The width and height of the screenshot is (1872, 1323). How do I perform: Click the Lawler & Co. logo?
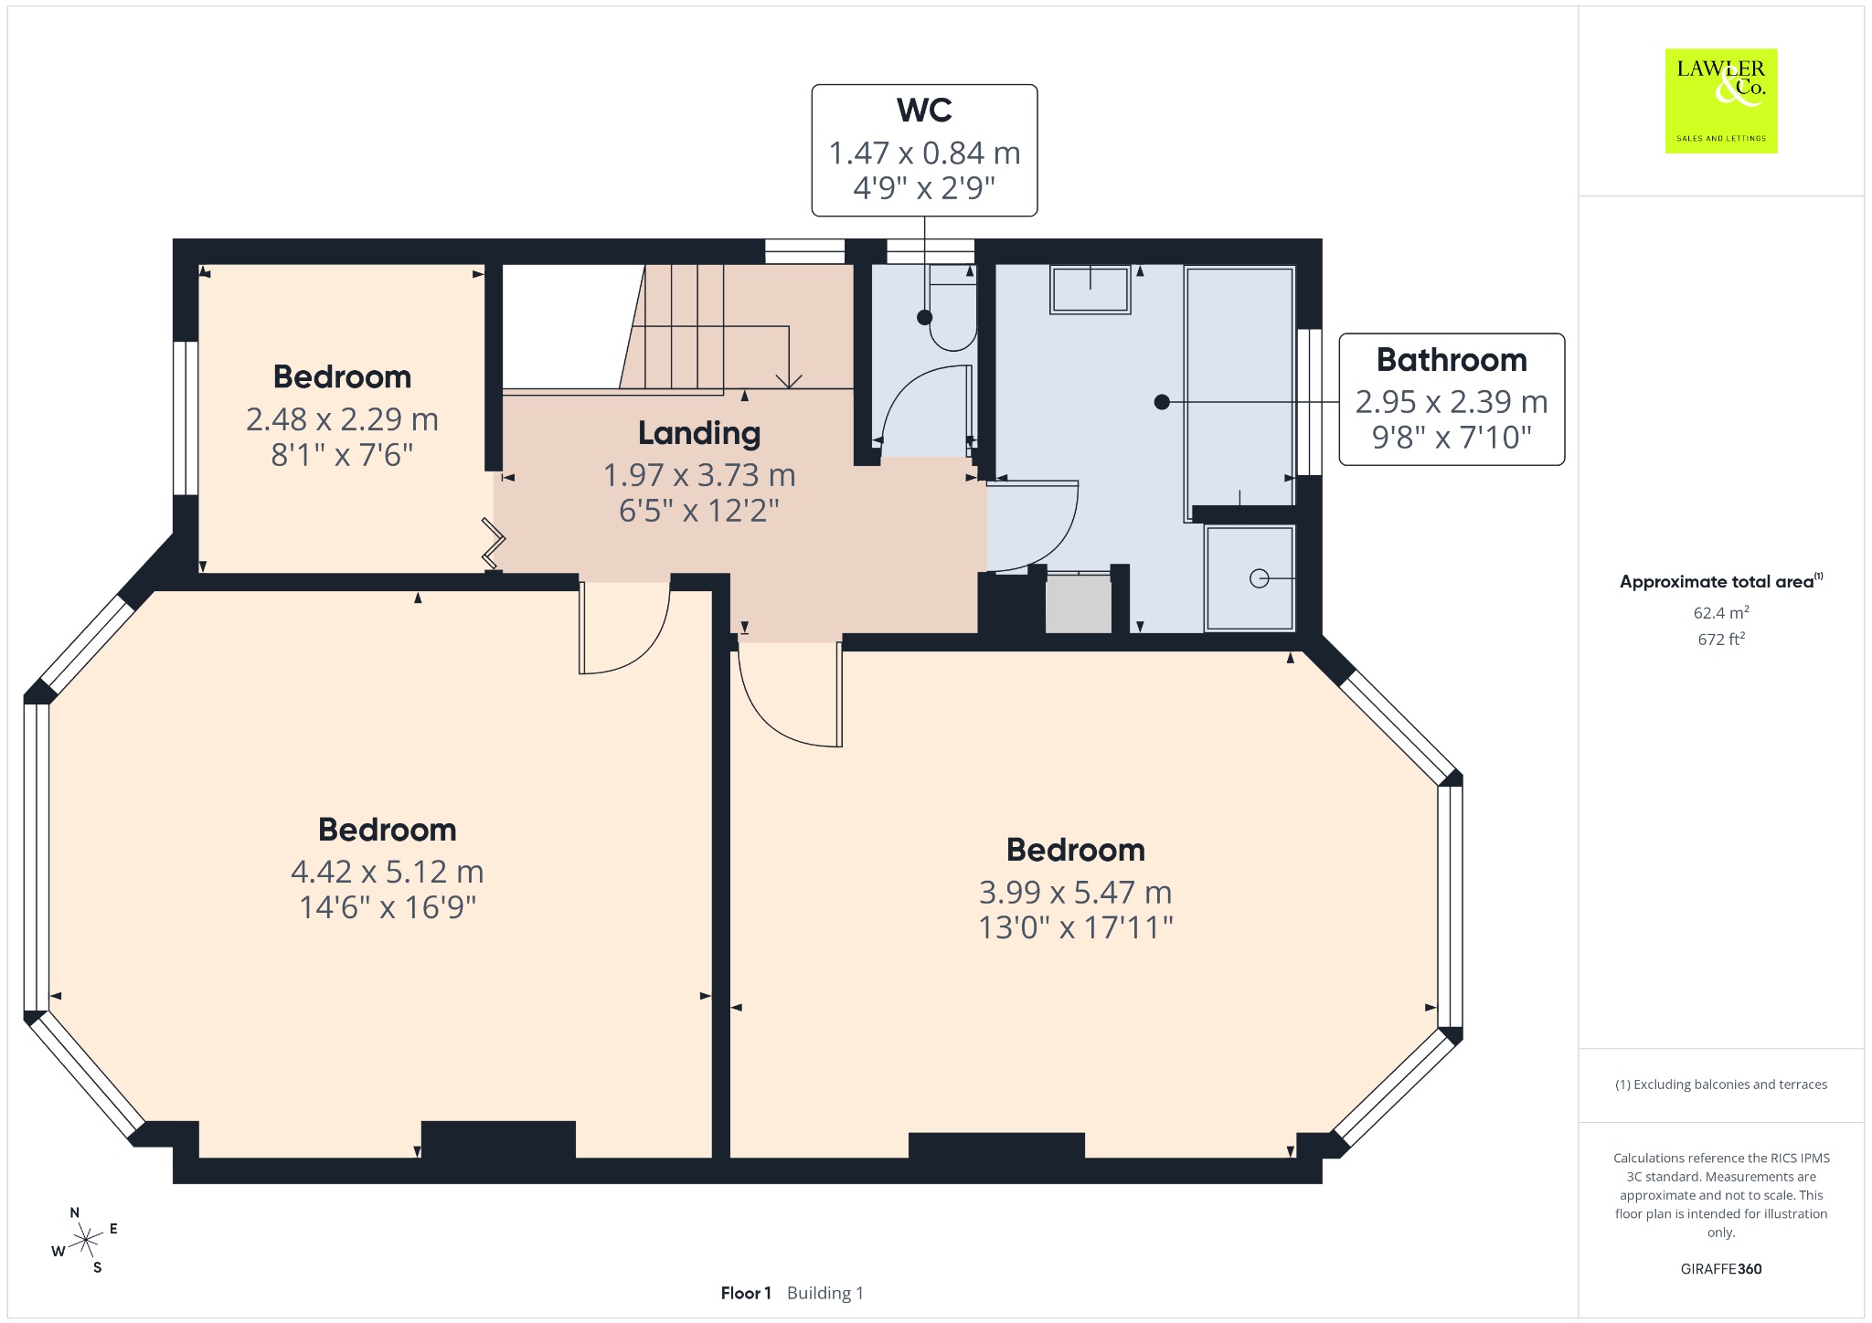click(1721, 101)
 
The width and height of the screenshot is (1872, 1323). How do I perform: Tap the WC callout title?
click(924, 111)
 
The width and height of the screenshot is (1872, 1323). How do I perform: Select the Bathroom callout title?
click(1452, 360)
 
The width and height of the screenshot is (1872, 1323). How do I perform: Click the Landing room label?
click(699, 433)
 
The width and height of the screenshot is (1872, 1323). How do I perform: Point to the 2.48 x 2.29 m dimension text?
click(342, 419)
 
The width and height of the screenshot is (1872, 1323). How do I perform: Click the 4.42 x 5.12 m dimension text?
click(387, 872)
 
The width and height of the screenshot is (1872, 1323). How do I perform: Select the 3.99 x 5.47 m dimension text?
click(1075, 892)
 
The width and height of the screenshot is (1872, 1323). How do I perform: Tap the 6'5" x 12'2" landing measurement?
click(699, 510)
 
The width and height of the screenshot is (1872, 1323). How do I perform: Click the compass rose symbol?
click(85, 1240)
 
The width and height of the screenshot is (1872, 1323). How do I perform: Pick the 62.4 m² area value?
click(1721, 612)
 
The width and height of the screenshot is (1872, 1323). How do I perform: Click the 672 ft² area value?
click(1721, 639)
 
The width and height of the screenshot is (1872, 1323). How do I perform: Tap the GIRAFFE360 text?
click(1721, 1268)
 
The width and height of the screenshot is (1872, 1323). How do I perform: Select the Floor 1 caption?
click(746, 1293)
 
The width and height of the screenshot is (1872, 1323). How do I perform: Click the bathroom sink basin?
click(1090, 290)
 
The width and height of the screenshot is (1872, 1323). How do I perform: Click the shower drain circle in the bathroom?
click(1259, 578)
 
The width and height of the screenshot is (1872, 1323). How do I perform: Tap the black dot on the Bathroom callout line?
click(1161, 401)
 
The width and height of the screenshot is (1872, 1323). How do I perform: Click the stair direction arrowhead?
click(788, 380)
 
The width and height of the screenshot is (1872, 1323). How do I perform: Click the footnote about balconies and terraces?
click(1721, 1085)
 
